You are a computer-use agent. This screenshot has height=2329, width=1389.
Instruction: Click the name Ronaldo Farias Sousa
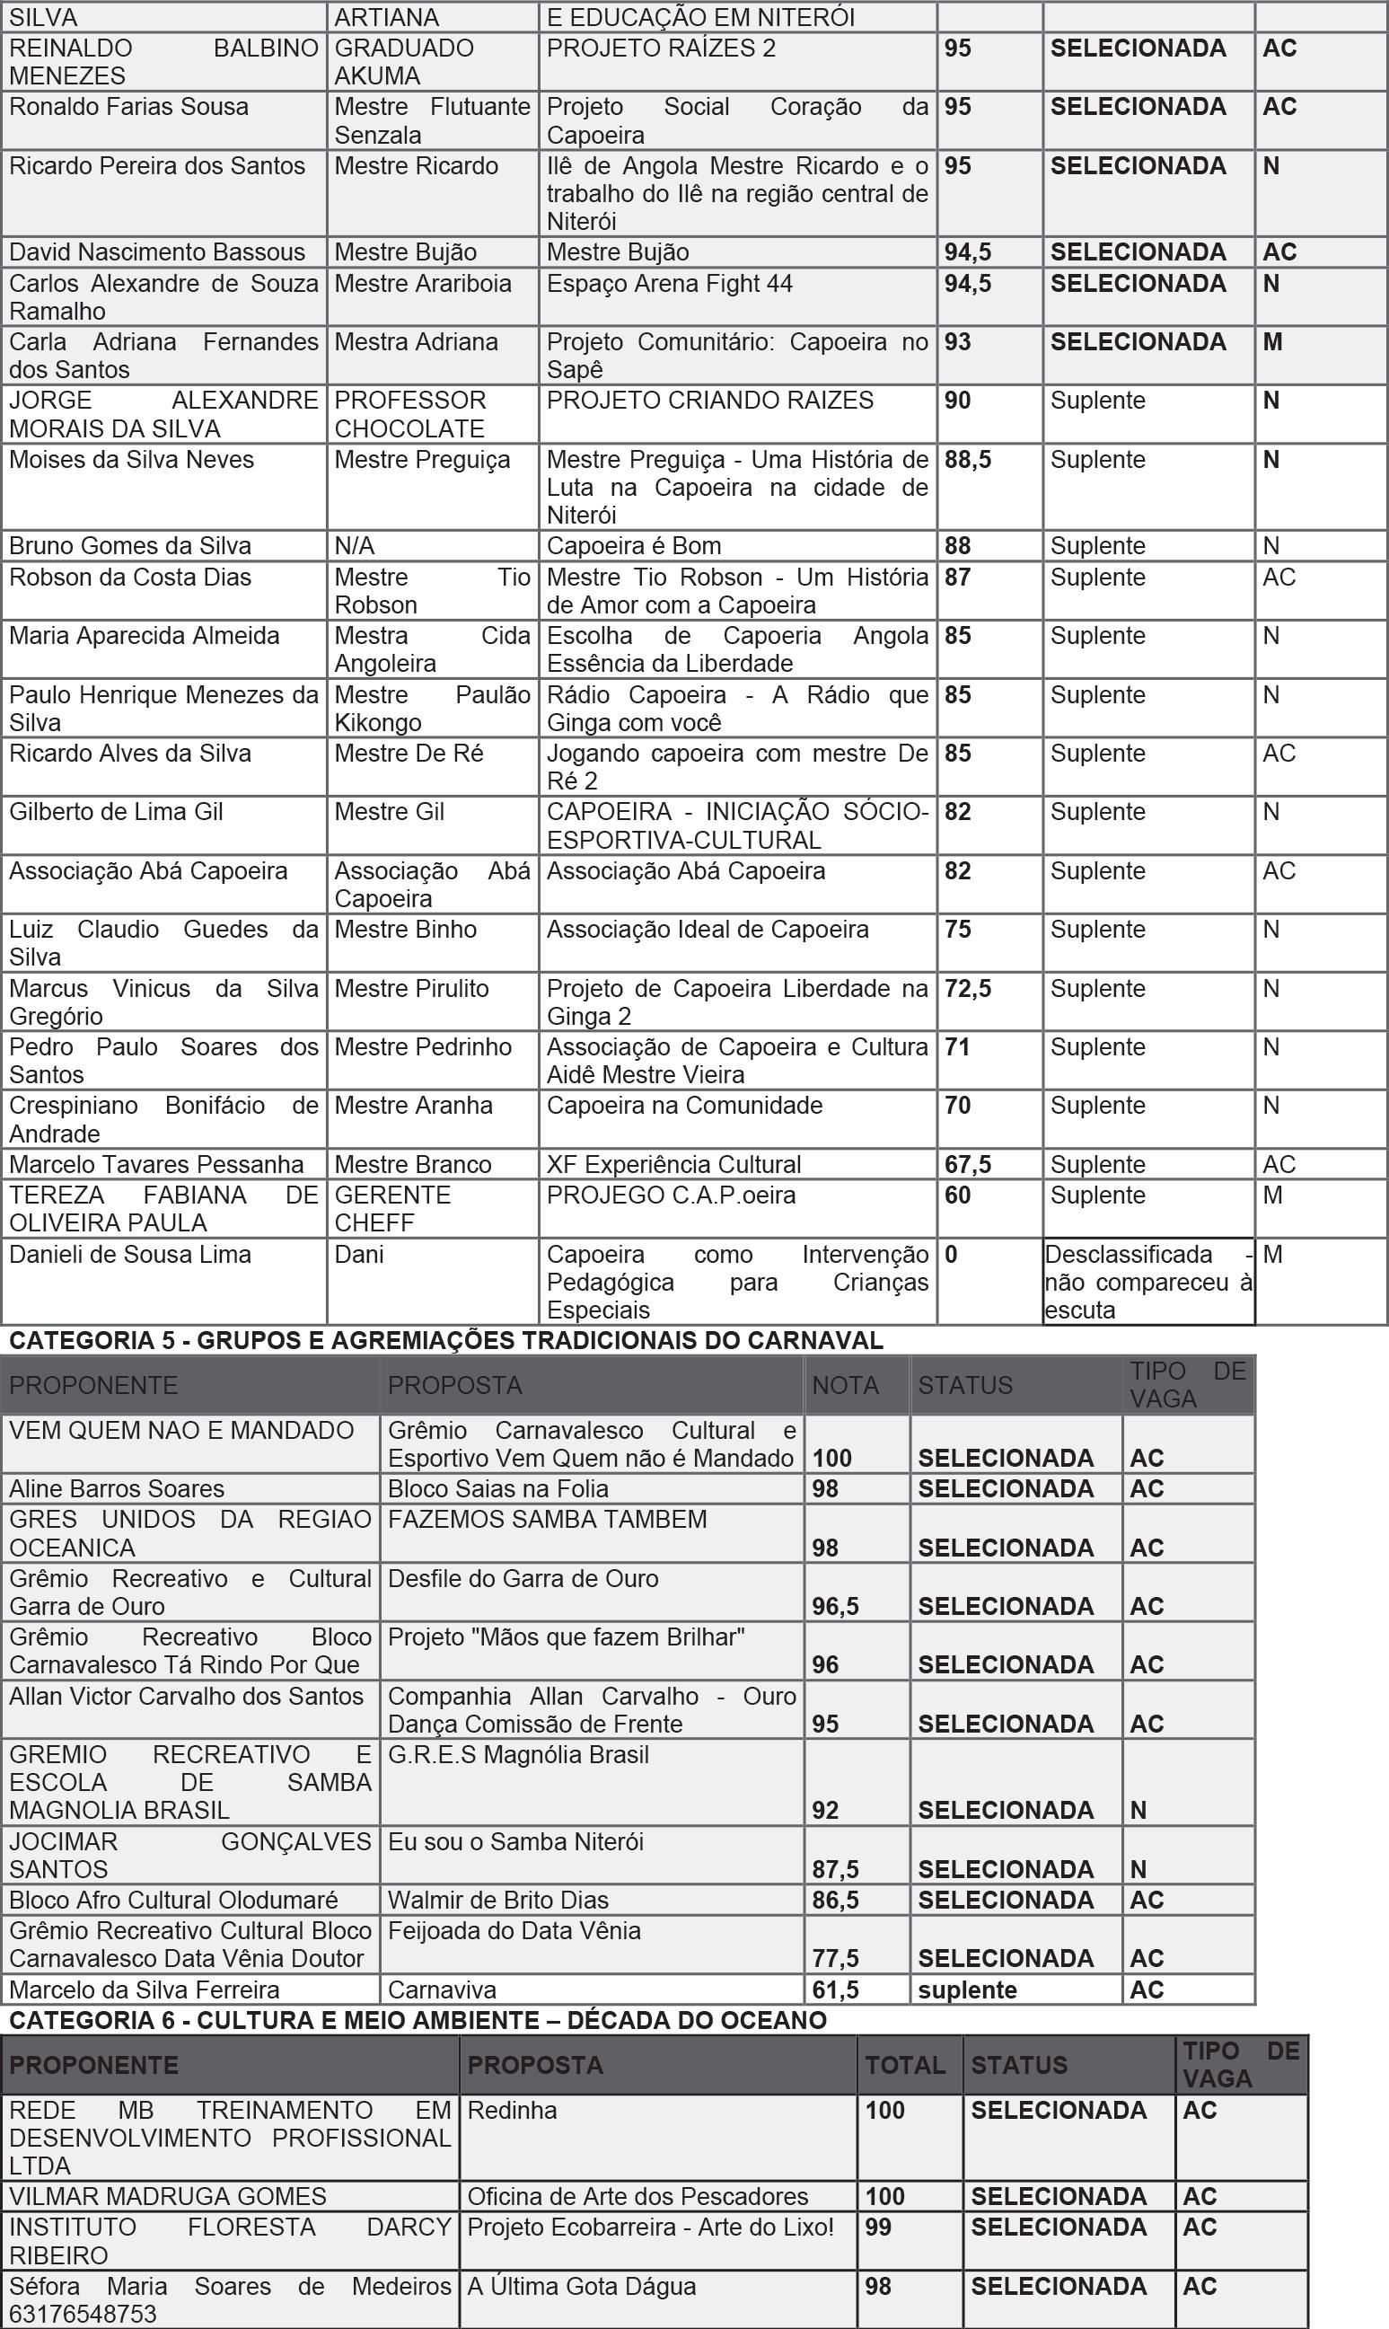(x=129, y=108)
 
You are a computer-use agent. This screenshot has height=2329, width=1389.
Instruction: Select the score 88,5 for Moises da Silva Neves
(x=967, y=461)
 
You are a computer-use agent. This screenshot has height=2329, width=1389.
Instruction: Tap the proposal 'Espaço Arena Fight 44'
(x=669, y=284)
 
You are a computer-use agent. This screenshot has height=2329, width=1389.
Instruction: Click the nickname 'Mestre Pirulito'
(x=411, y=990)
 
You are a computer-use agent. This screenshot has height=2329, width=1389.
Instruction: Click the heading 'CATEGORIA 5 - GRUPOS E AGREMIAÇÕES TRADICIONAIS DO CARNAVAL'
(x=445, y=1340)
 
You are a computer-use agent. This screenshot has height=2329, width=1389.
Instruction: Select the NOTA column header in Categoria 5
(x=844, y=1385)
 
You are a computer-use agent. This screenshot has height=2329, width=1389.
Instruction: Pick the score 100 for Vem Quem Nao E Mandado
(x=831, y=1459)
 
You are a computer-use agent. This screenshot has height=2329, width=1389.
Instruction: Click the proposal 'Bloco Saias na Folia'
(x=498, y=1489)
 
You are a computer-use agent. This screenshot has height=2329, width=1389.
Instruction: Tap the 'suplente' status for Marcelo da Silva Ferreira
(x=967, y=1990)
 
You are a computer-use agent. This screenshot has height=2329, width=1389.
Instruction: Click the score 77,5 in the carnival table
(x=835, y=1958)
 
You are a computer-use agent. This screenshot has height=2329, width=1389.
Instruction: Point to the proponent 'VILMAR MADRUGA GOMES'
(x=168, y=2197)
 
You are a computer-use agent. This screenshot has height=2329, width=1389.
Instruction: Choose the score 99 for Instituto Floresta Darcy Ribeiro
(x=878, y=2228)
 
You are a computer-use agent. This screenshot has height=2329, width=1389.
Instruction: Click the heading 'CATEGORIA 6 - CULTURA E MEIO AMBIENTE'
(x=418, y=2021)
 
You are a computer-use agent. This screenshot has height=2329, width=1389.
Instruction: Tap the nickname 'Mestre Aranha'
(x=413, y=1107)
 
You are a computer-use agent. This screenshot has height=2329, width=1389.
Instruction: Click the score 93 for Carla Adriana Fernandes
(x=957, y=342)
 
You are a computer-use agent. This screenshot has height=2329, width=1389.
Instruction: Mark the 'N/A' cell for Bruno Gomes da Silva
(x=354, y=547)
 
